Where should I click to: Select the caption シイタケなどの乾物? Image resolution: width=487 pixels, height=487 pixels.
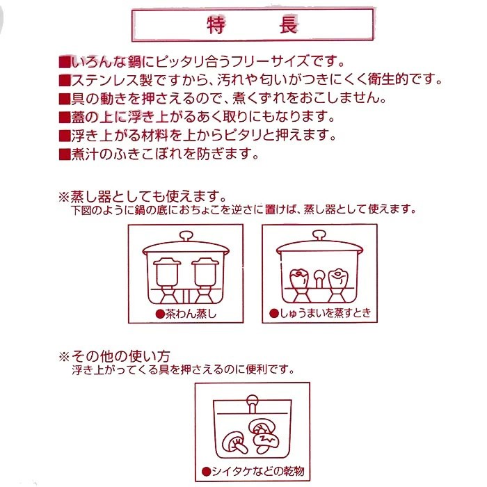[x=253, y=470]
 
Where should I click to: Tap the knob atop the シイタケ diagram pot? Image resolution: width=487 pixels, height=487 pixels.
[x=252, y=399]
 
